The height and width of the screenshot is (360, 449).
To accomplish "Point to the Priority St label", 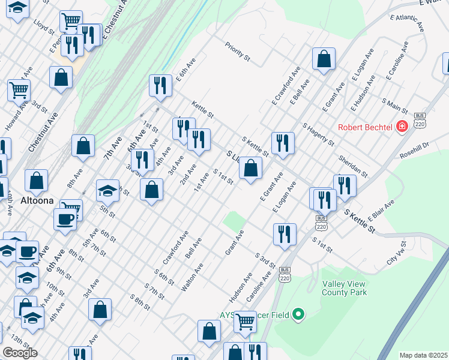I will [x=238, y=51].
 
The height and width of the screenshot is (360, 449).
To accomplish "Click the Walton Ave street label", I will [x=193, y=277].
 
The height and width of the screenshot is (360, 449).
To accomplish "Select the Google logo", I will [x=20, y=353].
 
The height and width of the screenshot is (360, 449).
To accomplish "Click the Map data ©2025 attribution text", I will [x=423, y=355].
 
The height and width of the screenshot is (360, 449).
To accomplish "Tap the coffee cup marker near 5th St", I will [x=65, y=219].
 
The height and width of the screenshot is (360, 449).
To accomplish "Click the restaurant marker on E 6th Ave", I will [x=160, y=85].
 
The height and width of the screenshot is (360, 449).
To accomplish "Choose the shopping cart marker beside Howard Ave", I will [x=19, y=91].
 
